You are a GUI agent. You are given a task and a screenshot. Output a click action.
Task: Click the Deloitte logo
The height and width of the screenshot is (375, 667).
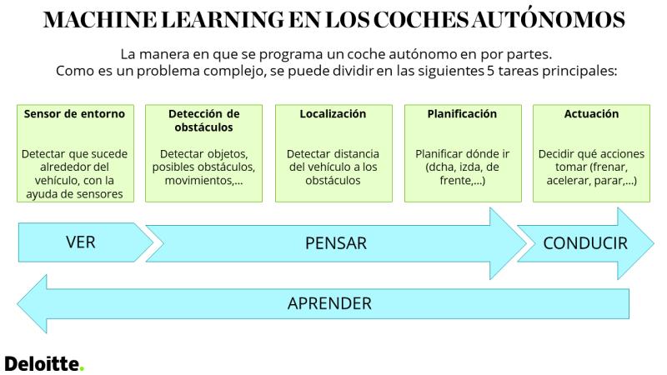pos(44,363)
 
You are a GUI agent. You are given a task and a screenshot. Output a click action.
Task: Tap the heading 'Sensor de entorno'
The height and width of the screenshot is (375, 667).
pos(74,114)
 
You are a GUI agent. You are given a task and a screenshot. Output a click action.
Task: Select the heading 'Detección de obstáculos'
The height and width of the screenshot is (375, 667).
pos(203,120)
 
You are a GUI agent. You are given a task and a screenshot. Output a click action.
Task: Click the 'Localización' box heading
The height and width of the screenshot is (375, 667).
pos(333,114)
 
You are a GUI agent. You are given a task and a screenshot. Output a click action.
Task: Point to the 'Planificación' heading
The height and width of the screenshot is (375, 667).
pos(462,114)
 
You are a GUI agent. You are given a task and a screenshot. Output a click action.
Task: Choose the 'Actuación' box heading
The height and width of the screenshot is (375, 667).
pos(591,114)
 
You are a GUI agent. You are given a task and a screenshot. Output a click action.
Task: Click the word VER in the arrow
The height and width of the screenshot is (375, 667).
pos(80,242)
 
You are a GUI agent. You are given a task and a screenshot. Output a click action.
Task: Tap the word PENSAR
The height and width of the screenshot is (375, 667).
pos(336,243)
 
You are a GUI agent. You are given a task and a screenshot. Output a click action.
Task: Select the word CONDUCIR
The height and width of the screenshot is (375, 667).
pos(585,243)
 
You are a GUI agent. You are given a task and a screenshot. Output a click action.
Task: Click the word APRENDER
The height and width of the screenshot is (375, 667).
pos(329,303)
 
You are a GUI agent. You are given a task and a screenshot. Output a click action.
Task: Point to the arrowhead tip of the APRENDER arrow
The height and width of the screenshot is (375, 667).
pos(18,304)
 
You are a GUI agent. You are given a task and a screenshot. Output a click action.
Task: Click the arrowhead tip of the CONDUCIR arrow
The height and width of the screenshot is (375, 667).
pos(654,243)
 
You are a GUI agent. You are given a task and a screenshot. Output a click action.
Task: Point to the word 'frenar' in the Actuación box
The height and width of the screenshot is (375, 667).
pos(609,167)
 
